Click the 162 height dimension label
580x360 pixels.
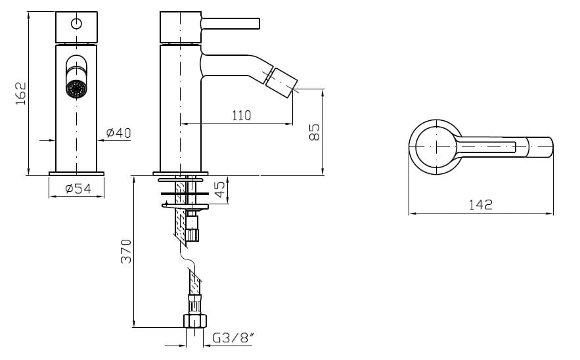[21, 93]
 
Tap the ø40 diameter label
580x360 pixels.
[118, 133]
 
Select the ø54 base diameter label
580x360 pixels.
[78, 189]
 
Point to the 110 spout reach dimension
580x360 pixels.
[242, 116]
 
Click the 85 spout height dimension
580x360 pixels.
[314, 132]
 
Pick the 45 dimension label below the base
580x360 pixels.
[219, 189]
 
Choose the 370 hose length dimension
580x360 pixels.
[126, 251]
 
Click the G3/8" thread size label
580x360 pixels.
[234, 338]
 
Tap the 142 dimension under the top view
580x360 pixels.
[481, 204]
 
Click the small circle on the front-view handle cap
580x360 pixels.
[77, 24]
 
